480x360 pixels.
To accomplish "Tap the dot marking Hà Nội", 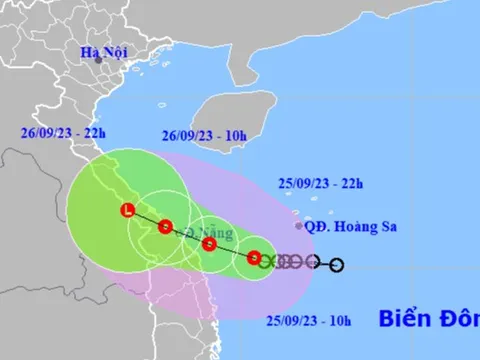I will [x=98, y=59].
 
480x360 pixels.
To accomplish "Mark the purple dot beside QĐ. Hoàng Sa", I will [x=299, y=227].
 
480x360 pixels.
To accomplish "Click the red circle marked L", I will [x=128, y=210].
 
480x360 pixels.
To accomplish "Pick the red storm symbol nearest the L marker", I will [x=165, y=226].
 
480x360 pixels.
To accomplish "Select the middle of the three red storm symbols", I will [x=209, y=243].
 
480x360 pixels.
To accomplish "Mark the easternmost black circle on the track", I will [x=336, y=265].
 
